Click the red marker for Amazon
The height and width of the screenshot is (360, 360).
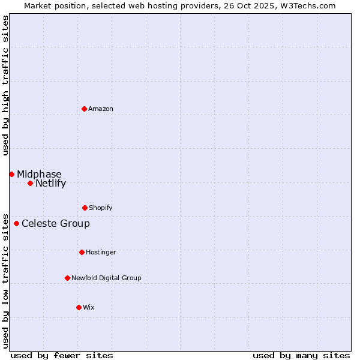[x=85, y=109]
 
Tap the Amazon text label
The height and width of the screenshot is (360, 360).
[x=101, y=109]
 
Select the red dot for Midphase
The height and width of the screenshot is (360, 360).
[x=11, y=174]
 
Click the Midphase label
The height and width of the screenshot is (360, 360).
[x=39, y=175]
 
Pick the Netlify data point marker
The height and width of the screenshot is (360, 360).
[x=30, y=183]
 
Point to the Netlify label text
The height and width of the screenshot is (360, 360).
[x=50, y=184]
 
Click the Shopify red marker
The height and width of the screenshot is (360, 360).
[x=85, y=208]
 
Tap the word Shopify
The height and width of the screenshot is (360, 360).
[x=101, y=208]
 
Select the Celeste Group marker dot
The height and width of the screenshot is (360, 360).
[x=16, y=223]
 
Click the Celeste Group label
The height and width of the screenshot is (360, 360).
[x=56, y=224]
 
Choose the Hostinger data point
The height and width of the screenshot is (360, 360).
[x=82, y=252]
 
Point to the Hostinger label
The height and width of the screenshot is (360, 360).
[x=101, y=253]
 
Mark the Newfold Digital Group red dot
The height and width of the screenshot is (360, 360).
[x=67, y=278]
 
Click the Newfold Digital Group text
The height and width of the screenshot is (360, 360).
[x=106, y=278]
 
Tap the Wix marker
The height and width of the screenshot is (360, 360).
[x=79, y=307]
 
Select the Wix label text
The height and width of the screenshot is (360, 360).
[x=89, y=308]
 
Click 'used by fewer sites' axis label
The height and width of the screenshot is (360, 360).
[x=62, y=355]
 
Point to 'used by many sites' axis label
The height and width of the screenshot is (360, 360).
[x=301, y=355]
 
